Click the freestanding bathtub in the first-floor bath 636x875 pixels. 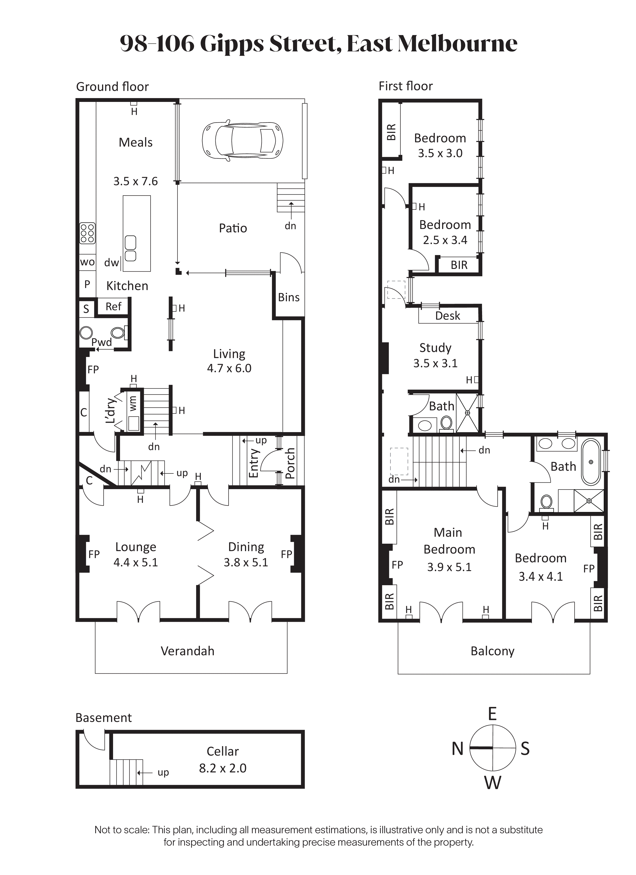click(591, 462)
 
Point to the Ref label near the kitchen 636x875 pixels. click(114, 306)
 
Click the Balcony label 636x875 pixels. click(493, 651)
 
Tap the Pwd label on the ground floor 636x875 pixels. click(102, 342)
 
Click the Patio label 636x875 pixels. click(233, 228)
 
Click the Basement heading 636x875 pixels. click(104, 718)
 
